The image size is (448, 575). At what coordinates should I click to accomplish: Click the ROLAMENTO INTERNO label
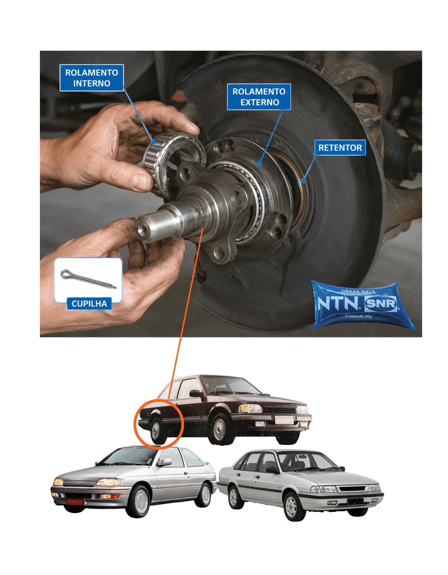pos(92,78)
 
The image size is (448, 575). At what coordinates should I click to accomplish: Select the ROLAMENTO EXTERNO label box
pos(259,97)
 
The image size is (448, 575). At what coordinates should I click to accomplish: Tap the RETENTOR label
pos(340,148)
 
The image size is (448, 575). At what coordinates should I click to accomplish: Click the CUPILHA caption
pos(89,304)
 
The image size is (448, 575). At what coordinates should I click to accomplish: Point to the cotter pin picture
pos(88,279)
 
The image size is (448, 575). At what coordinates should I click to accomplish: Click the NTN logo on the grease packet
pos(338,303)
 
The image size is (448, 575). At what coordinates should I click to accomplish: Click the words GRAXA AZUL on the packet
pos(358,292)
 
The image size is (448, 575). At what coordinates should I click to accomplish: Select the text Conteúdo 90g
pos(358,316)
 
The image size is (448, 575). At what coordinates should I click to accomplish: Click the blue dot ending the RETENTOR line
pos(303,181)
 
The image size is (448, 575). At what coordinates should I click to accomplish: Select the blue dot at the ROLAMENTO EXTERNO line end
pos(259,164)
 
